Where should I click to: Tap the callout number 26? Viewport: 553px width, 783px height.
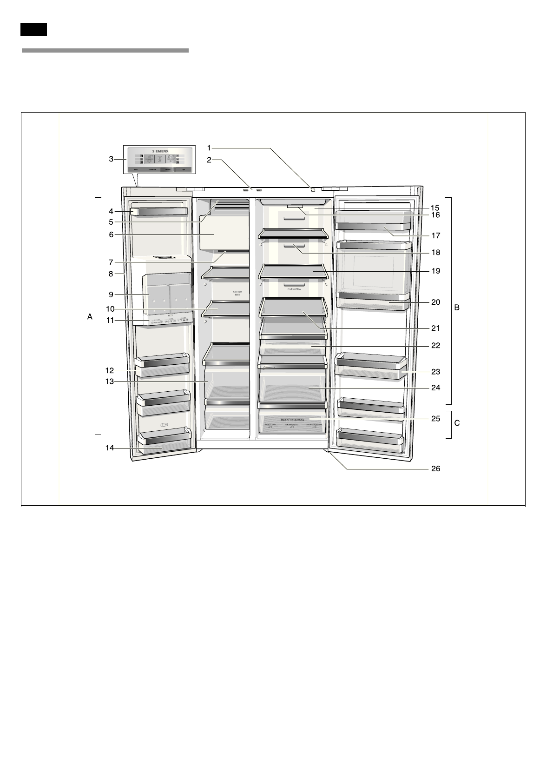[435, 468]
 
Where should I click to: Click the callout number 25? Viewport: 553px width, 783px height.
[435, 419]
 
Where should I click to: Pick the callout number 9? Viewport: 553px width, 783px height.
[111, 294]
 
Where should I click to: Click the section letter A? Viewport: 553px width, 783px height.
[90, 317]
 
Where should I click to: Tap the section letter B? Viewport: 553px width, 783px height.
[457, 308]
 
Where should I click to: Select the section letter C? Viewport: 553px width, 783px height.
[457, 423]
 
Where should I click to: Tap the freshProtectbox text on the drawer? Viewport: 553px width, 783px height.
[292, 420]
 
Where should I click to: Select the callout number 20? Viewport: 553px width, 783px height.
[435, 302]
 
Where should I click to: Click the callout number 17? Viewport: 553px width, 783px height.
[435, 235]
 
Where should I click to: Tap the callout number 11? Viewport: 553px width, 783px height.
[110, 320]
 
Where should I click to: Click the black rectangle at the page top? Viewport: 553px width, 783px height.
[33, 29]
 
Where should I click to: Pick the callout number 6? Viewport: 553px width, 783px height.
[111, 235]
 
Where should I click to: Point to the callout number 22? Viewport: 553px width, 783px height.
[435, 346]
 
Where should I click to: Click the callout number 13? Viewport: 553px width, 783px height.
[109, 381]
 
